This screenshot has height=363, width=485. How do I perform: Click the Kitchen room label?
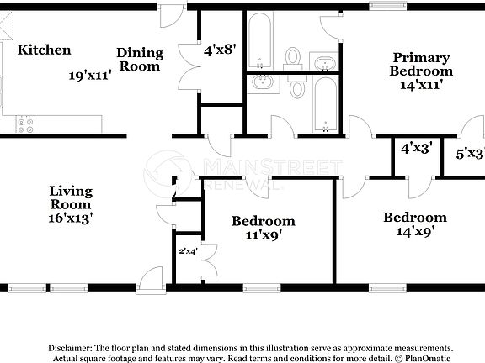coord(45,50)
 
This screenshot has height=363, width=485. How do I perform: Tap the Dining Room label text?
coord(140,59)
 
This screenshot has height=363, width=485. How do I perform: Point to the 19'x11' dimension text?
coord(91,75)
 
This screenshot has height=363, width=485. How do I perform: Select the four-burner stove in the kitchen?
coord(25,124)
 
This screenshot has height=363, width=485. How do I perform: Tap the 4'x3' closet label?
coord(416,148)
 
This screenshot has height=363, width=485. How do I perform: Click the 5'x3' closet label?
coord(470,154)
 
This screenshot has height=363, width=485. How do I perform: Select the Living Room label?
coord(70,197)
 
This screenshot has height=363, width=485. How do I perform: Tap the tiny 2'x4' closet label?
coord(187,250)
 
